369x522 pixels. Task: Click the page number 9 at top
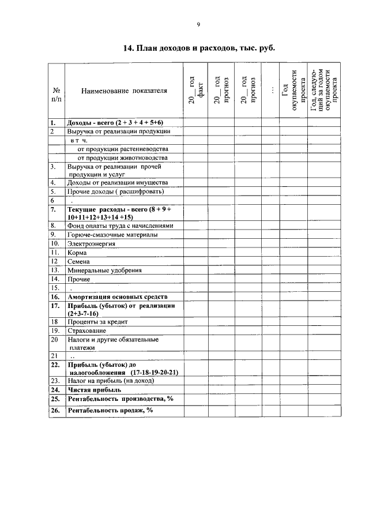(198, 24)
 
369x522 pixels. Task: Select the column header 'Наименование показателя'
(124, 91)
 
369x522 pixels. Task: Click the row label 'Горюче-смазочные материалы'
(112, 235)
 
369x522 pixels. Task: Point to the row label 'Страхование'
(87, 331)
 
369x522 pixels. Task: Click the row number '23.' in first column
(55, 381)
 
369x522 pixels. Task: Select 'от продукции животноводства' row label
(122, 157)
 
